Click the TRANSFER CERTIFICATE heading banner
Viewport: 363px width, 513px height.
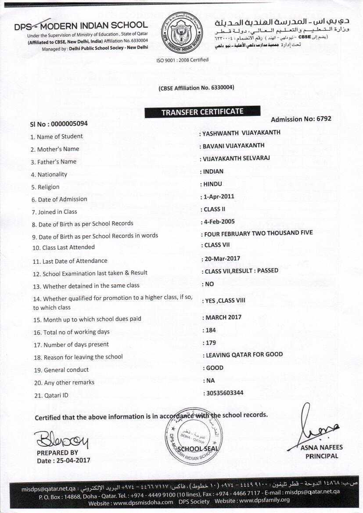[202, 112]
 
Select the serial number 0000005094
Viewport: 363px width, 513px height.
[69, 124]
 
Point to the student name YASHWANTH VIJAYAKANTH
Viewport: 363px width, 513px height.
[241, 133]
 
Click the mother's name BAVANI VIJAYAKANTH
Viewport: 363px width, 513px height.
[234, 145]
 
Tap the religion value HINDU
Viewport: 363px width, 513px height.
[213, 184]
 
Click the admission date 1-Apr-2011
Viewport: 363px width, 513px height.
[219, 197]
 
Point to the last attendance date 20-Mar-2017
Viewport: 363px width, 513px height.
[222, 258]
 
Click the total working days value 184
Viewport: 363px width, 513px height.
[211, 330]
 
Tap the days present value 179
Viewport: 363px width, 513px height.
[211, 343]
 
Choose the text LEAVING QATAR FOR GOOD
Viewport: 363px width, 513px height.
[244, 355]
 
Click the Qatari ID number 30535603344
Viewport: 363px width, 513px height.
[225, 393]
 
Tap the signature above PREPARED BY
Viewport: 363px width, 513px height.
[61, 439]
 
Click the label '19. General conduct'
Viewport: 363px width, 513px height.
[61, 370]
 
